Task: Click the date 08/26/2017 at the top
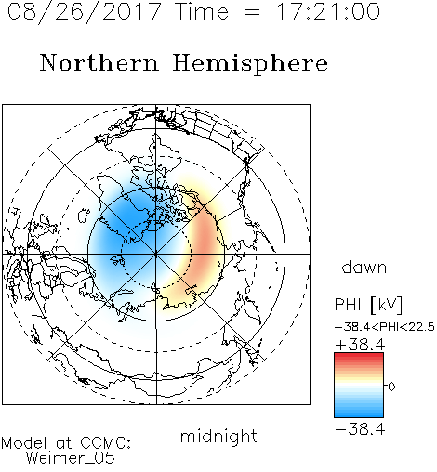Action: [85, 12]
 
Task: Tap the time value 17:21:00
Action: [328, 11]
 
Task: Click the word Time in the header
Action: [202, 11]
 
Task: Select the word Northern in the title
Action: [99, 62]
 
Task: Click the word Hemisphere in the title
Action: [250, 64]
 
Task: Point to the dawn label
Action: [364, 267]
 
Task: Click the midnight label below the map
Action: [218, 436]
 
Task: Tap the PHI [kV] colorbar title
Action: [368, 305]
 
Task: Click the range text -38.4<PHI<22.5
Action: [385, 327]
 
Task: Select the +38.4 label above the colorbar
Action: [360, 345]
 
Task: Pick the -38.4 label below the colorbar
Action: [360, 429]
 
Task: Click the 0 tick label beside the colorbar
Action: [391, 387]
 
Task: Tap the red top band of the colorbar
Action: [359, 357]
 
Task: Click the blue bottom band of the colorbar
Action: [359, 413]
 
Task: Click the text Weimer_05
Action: [71, 458]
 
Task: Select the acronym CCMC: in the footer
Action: [105, 443]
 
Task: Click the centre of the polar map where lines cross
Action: [156, 254]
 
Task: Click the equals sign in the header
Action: [252, 12]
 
